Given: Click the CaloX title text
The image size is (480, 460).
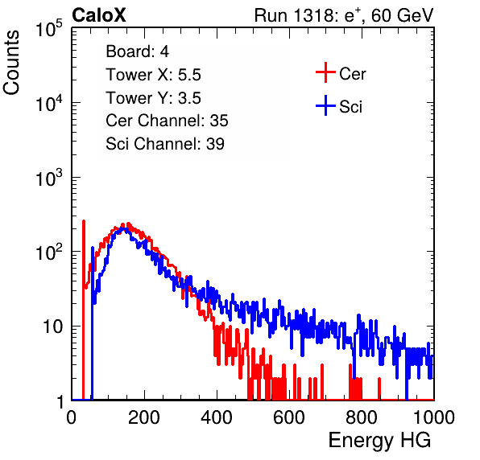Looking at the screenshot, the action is coord(99,15).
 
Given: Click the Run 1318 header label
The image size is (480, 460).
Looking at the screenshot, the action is coord(344,15).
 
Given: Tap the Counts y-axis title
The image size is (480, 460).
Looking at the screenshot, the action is coord(11,62).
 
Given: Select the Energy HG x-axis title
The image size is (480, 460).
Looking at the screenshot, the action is coord(379,441).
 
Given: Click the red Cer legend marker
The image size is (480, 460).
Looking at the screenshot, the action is coord(325,72).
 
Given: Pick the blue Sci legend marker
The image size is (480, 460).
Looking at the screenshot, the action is coord(325,105).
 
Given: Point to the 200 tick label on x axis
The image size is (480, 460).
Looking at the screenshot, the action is coord(144,417).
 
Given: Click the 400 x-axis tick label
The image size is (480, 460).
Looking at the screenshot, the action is coord(217,417).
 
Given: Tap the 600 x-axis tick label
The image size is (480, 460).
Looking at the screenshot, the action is coord(289,417).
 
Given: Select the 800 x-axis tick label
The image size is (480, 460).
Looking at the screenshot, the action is coord(362,417).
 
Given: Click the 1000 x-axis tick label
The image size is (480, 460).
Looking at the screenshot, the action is coord(434,417).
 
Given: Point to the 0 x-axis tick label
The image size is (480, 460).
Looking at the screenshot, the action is coord(72,417).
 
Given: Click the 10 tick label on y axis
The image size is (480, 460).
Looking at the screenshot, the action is coord(53,327).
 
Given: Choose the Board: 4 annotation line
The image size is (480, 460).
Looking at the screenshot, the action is coord(138,51).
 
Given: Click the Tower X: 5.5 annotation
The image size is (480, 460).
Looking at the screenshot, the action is coord(153,75).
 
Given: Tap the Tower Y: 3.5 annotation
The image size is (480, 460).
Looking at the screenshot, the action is coord(153,98).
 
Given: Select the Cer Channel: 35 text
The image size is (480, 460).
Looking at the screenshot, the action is coord(167,121).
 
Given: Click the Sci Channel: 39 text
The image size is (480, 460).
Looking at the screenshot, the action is coord(165,144).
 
